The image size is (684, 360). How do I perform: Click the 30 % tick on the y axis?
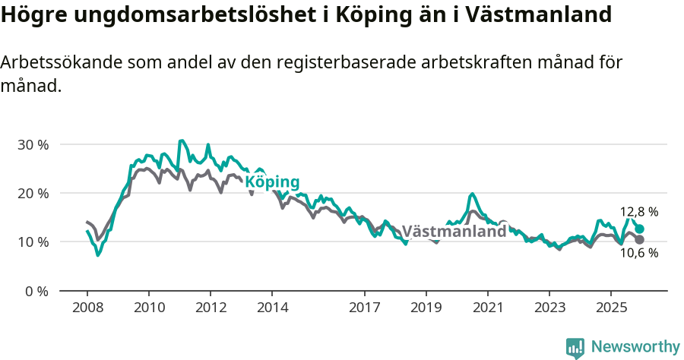(33, 144)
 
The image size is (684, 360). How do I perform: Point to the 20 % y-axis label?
(33, 193)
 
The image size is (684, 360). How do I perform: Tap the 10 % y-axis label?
(33, 242)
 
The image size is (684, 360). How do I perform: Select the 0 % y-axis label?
(36, 291)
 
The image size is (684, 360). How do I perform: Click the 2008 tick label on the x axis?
(87, 308)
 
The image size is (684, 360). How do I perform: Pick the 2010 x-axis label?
(148, 308)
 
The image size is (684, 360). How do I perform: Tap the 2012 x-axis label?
(211, 308)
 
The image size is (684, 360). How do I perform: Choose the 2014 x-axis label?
(272, 308)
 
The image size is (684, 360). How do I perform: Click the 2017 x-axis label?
(364, 308)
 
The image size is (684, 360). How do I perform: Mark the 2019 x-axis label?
(426, 308)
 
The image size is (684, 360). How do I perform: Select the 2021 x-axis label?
(487, 308)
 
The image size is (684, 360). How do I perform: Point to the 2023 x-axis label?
(549, 308)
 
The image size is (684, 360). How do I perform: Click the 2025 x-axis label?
(611, 308)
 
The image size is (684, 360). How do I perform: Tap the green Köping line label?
(272, 182)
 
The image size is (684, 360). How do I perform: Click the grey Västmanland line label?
(454, 232)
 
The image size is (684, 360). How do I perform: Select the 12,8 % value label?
(639, 212)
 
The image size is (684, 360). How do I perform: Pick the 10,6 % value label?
(639, 254)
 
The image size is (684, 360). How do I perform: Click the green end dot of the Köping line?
(640, 229)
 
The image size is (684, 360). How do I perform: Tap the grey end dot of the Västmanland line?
(640, 240)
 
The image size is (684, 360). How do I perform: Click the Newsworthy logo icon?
(575, 348)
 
